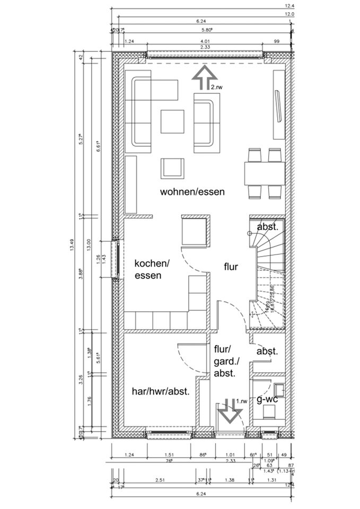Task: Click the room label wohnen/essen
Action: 192,192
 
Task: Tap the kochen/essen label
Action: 152,269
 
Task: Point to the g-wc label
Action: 267,399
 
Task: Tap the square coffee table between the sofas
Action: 172,122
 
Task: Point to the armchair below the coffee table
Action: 173,168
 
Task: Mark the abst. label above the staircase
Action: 268,227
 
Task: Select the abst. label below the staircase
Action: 268,352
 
